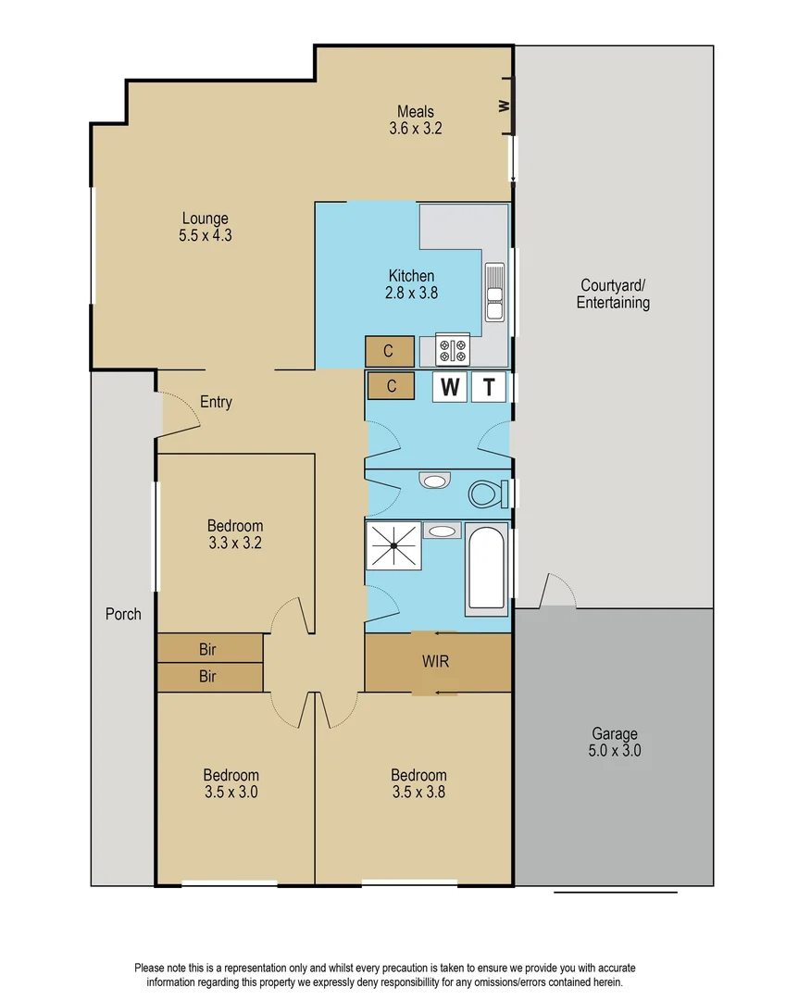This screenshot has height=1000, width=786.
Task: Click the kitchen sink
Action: [494, 291]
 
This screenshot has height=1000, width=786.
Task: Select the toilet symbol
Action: [485, 493]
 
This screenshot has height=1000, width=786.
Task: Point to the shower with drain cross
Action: [393, 546]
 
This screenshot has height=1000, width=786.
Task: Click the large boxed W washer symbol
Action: [450, 387]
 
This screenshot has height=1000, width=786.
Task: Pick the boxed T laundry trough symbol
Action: [489, 387]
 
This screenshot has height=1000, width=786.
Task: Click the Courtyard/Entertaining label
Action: [613, 294]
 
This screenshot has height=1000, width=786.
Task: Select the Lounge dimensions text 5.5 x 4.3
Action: [205, 235]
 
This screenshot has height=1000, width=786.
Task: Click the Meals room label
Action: [416, 112]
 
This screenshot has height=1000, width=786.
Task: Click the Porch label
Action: [123, 614]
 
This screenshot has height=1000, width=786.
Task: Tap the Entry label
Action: [216, 403]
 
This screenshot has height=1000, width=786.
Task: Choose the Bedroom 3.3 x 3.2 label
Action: [234, 534]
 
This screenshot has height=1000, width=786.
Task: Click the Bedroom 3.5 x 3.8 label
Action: [418, 783]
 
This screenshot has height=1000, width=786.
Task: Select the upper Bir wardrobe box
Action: [209, 648]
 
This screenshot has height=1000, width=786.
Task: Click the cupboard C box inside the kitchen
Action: [389, 351]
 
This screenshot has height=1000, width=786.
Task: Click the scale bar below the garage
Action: [616, 893]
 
